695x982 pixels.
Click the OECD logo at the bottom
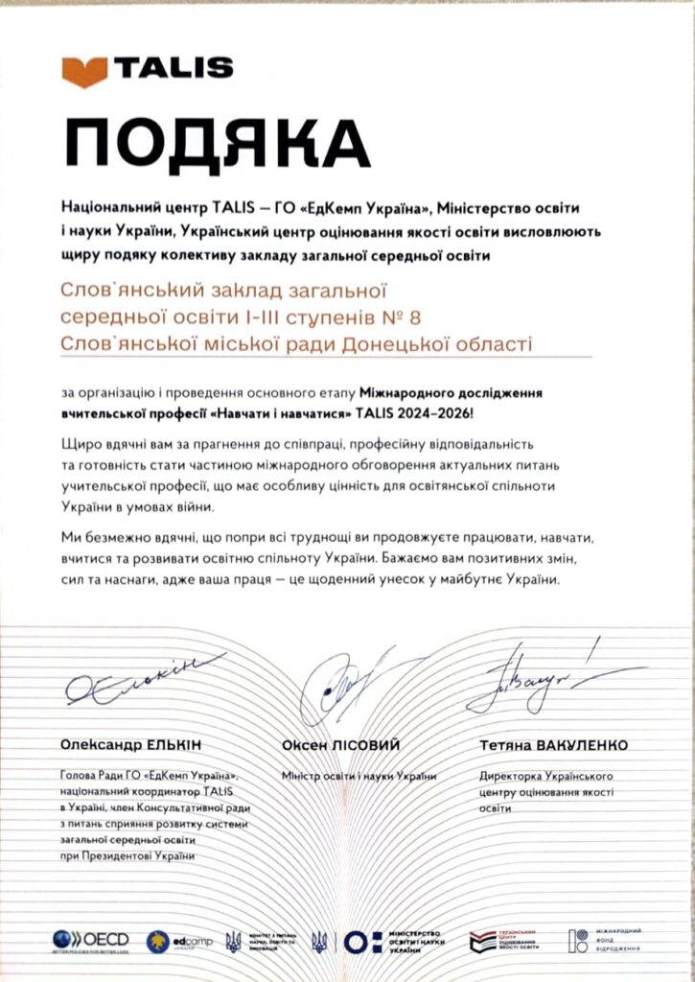(91, 940)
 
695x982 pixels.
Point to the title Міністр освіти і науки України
(359, 775)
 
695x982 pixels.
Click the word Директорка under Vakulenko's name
(511, 775)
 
